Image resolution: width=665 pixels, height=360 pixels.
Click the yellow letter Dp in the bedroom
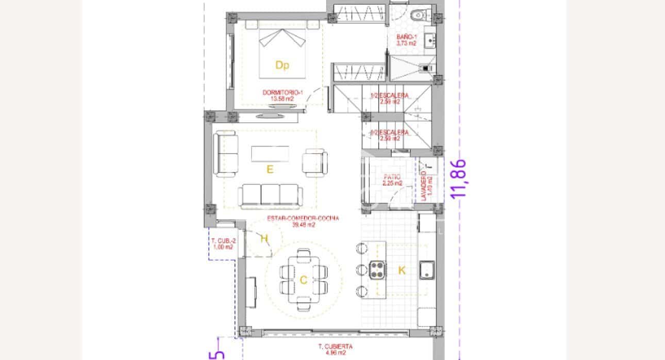pyautogui.click(x=281, y=66)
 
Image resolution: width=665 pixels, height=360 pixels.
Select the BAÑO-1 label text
pyautogui.click(x=406, y=40)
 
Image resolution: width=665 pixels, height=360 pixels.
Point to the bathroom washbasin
pyautogui.click(x=429, y=39)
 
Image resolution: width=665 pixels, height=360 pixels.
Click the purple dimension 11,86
pyautogui.click(x=458, y=178)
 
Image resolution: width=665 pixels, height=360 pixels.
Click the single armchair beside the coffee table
pyautogui.click(x=314, y=161)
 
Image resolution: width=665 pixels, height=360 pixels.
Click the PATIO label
pyautogui.click(x=392, y=180)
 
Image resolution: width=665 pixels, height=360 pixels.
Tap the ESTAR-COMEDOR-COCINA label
pyautogui.click(x=303, y=221)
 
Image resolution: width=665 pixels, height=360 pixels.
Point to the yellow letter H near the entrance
pyautogui.click(x=264, y=238)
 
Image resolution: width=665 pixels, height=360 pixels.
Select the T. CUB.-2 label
pyautogui.click(x=222, y=244)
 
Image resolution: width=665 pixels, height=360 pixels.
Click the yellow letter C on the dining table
pyautogui.click(x=303, y=280)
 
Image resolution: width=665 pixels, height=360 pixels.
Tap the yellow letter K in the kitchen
pyautogui.click(x=402, y=270)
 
